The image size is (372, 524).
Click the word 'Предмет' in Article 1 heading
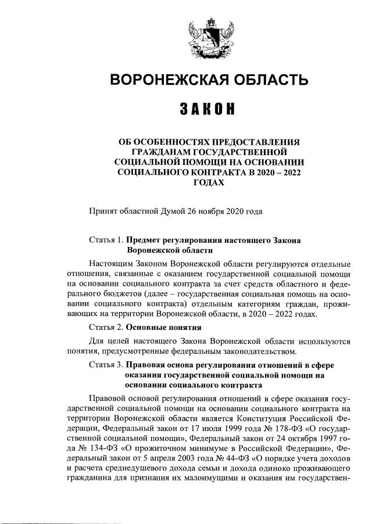[x=143, y=239]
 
